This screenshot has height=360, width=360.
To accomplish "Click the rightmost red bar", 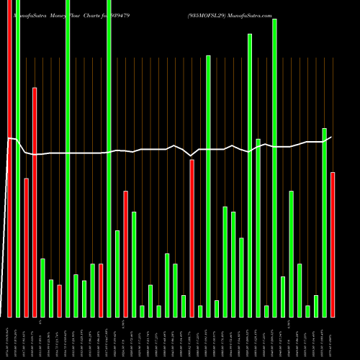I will (333, 245).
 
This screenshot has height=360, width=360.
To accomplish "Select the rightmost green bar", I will (324, 222).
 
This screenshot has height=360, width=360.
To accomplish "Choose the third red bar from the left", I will (34, 202).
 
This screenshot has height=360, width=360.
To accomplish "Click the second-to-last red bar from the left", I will (192, 238).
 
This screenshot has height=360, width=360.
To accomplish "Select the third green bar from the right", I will (307, 311).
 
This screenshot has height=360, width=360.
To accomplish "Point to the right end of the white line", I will (331, 137).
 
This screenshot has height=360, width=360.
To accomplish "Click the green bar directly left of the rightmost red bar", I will (324, 222).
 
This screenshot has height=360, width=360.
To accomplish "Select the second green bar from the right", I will (316, 306).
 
